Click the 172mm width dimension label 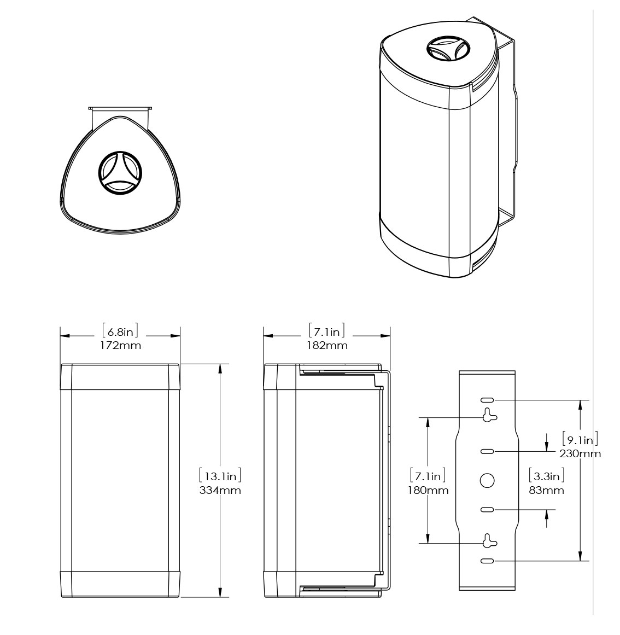coord(121,346)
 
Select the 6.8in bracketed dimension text coord(120,331)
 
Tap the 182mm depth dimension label coord(327,346)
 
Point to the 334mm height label coord(220,491)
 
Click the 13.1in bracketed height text coord(220,475)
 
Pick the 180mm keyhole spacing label coord(428,491)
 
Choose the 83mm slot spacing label coord(546,491)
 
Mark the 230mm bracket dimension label coord(580,454)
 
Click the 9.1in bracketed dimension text coord(580,440)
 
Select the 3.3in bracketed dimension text coord(546,475)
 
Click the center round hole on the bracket coord(487,480)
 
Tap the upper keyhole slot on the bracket coord(489,415)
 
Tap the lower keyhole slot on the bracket coord(489,540)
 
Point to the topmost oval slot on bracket coord(487,400)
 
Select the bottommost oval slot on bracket coord(487,561)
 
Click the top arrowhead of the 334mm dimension coord(220,368)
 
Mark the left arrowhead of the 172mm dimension coord(65,336)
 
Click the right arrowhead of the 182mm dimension coord(385,336)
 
